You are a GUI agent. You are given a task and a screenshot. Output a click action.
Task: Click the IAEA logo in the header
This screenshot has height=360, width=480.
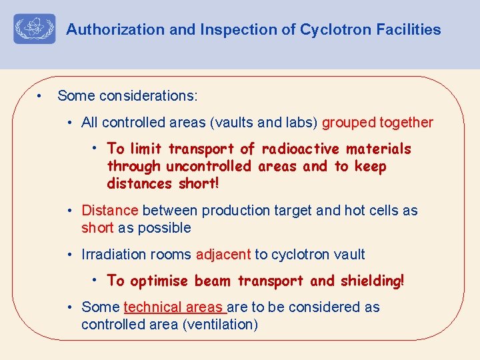tap(34, 29)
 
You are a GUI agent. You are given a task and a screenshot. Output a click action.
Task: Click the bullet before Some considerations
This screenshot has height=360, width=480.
tap(40, 95)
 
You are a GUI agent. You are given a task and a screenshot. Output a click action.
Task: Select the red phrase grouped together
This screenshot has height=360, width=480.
tap(377, 123)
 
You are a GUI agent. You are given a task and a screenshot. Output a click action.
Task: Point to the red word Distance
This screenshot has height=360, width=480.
tap(109, 211)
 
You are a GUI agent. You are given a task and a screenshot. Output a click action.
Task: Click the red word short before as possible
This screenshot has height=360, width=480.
tap(97, 228)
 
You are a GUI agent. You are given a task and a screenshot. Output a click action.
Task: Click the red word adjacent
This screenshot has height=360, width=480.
tap(223, 254)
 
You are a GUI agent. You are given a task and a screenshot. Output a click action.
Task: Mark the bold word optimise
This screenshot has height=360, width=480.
tap(160, 281)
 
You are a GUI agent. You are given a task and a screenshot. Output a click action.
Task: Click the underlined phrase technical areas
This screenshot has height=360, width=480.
tap(175, 307)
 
